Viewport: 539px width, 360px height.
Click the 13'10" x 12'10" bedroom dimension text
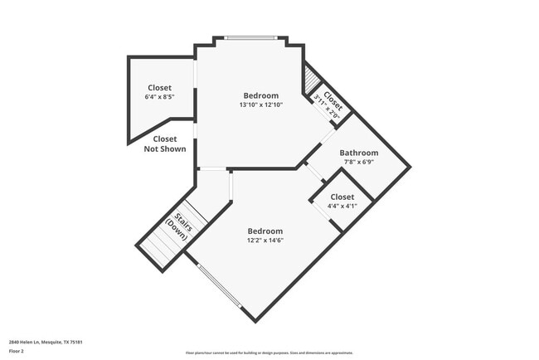coord(260,105)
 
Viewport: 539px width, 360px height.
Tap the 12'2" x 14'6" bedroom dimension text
coord(265,241)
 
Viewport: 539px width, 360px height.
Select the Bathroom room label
coord(358,153)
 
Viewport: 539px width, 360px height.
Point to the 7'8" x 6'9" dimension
coord(358,163)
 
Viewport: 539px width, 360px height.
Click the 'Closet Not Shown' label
coord(164,144)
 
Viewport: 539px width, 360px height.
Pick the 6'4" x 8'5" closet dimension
coord(159,97)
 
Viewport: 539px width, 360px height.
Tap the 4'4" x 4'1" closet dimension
coord(342,206)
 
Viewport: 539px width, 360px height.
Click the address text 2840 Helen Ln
coord(46,342)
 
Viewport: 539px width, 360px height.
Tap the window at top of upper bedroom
coord(250,37)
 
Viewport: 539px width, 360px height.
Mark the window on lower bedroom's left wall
coord(220,286)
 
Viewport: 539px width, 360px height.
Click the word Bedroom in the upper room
coord(260,95)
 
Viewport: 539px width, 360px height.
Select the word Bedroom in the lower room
coord(265,231)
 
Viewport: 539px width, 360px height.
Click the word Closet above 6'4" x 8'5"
coord(159,87)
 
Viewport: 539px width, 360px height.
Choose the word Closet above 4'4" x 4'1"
coord(342,197)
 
